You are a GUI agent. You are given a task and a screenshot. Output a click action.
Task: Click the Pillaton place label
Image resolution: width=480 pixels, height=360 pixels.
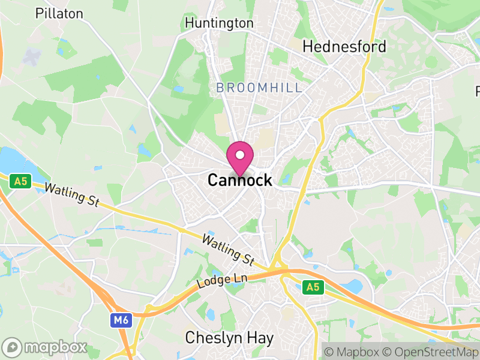pyautogui.click(x=59, y=13)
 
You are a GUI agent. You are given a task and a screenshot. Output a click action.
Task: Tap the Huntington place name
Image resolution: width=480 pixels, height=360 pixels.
pyautogui.click(x=219, y=23)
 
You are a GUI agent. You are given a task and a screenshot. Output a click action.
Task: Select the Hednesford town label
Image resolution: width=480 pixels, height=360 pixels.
pyautogui.click(x=344, y=46)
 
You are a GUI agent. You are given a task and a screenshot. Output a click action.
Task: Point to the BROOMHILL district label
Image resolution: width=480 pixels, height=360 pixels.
pyautogui.click(x=259, y=88)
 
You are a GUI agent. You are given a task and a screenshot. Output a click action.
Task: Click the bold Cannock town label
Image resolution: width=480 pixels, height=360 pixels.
pyautogui.click(x=239, y=180)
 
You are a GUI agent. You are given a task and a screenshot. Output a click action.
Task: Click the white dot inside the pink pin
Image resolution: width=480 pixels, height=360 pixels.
pyautogui.click(x=240, y=155)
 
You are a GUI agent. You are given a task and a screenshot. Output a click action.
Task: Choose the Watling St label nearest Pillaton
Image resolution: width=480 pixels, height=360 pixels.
pyautogui.click(x=72, y=196)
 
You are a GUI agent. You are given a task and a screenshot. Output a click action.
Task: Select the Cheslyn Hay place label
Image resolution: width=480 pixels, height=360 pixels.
pyautogui.click(x=229, y=338)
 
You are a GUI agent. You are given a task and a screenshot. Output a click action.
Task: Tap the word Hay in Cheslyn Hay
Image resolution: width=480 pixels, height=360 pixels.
pyautogui.click(x=262, y=338)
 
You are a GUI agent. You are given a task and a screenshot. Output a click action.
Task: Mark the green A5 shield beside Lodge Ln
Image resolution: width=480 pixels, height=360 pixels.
pyautogui.click(x=313, y=288)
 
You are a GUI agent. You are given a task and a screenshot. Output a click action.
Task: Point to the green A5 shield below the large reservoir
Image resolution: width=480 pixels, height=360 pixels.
pyautogui.click(x=21, y=181)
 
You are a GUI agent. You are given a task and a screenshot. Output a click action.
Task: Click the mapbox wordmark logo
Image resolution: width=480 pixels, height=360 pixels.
pyautogui.click(x=55, y=347)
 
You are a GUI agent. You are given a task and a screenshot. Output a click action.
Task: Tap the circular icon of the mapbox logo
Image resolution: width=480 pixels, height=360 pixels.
pyautogui.click(x=13, y=347)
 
